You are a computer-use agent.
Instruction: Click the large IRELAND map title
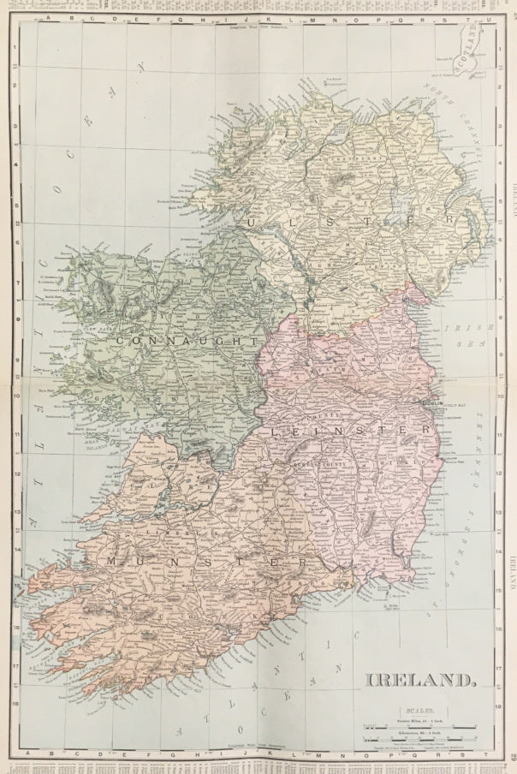pyautogui.click(x=421, y=681)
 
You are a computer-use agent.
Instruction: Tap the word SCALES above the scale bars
pyautogui.click(x=421, y=709)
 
